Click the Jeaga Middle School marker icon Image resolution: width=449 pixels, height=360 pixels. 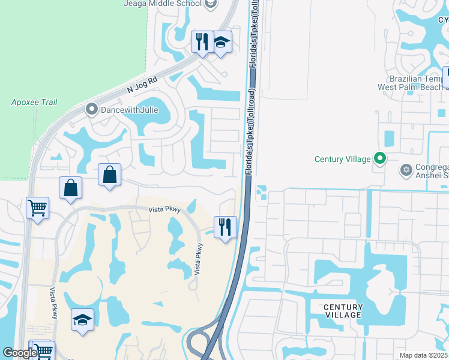coord(210,4)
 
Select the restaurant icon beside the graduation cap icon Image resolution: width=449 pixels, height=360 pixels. coord(202,42)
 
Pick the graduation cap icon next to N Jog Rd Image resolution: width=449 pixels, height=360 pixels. coord(221,42)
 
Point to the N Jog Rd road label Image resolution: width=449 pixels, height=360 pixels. coord(142,86)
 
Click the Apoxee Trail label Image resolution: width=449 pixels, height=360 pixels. coord(34,102)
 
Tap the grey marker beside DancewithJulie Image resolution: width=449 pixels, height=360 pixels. coord(92,109)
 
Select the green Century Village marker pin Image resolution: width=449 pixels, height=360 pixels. coord(379,158)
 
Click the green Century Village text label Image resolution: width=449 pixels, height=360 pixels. coord(343,159)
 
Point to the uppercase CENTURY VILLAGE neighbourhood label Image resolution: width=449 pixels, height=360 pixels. coord(343,311)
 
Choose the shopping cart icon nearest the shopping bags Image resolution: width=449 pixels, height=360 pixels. coord(37,208)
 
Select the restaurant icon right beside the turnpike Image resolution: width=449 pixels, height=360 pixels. coord(225,227)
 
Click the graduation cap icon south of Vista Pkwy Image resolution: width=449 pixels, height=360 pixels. coord(82,319)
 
